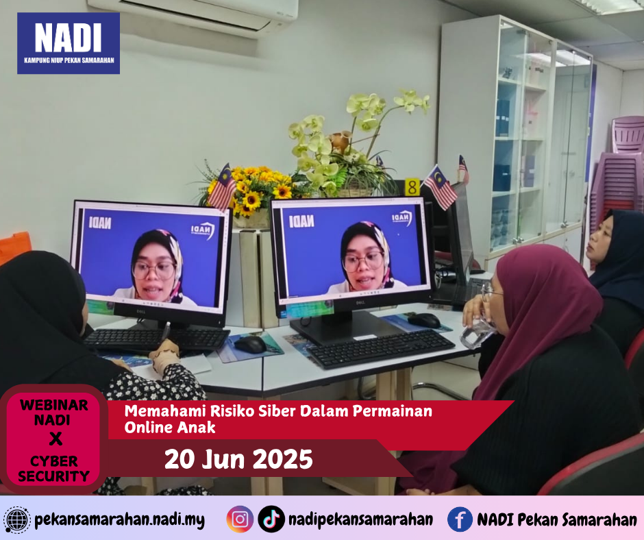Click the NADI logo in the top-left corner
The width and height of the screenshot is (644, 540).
pyautogui.click(x=69, y=43)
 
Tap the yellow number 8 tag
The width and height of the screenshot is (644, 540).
pyautogui.click(x=412, y=187)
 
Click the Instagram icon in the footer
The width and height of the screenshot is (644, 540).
pyautogui.click(x=240, y=519)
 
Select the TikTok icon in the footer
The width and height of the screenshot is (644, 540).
pyautogui.click(x=271, y=519)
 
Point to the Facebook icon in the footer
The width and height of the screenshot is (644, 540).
pyautogui.click(x=460, y=519)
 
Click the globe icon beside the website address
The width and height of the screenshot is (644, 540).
pyautogui.click(x=16, y=520)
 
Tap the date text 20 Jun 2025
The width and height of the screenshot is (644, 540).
pyautogui.click(x=238, y=459)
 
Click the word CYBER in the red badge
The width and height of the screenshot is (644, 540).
pyautogui.click(x=54, y=461)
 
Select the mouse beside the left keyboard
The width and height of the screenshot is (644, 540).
pyautogui.click(x=250, y=345)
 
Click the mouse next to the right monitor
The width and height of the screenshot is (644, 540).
pyautogui.click(x=424, y=321)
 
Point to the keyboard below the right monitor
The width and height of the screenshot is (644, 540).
pyautogui.click(x=380, y=349)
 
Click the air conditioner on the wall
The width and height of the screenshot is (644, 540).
pyautogui.click(x=193, y=16)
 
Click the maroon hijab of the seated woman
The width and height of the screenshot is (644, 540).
pyautogui.click(x=541, y=312)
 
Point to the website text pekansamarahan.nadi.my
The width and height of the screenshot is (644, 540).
pyautogui.click(x=119, y=520)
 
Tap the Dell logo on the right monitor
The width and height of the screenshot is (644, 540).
pyautogui.click(x=360, y=303)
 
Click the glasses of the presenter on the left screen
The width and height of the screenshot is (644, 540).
pyautogui.click(x=154, y=269)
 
